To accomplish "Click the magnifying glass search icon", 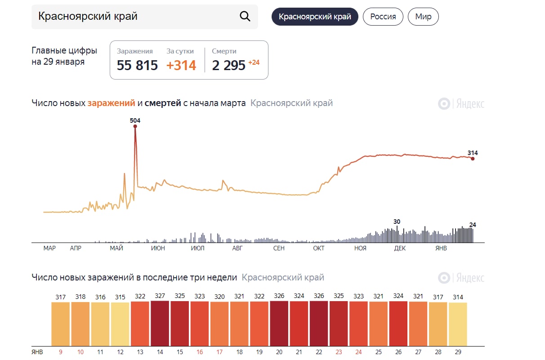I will (x=245, y=17).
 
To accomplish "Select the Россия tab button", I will (x=383, y=17).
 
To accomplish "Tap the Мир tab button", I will (x=423, y=17).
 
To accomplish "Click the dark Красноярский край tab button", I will (x=315, y=17).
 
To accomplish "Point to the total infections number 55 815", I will (x=137, y=66).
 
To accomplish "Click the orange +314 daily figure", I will (x=181, y=66).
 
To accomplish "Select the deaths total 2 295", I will (x=228, y=66).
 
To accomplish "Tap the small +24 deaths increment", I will (x=254, y=62).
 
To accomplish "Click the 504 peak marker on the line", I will (x=135, y=126).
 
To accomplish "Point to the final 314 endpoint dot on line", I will (x=473, y=159).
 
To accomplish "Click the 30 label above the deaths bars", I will (x=397, y=222).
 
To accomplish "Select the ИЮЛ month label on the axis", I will (x=197, y=248).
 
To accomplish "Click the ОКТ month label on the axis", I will (x=319, y=248).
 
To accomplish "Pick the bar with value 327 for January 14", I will (x=160, y=324).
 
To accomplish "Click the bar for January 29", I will (x=458, y=324).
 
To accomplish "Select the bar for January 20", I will (x=279, y=324).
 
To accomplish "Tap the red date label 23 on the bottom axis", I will (x=339, y=352).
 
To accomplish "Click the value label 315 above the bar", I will (x=120, y=297).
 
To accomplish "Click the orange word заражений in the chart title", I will (x=111, y=103).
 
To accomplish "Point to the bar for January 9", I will (x=61, y=324).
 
